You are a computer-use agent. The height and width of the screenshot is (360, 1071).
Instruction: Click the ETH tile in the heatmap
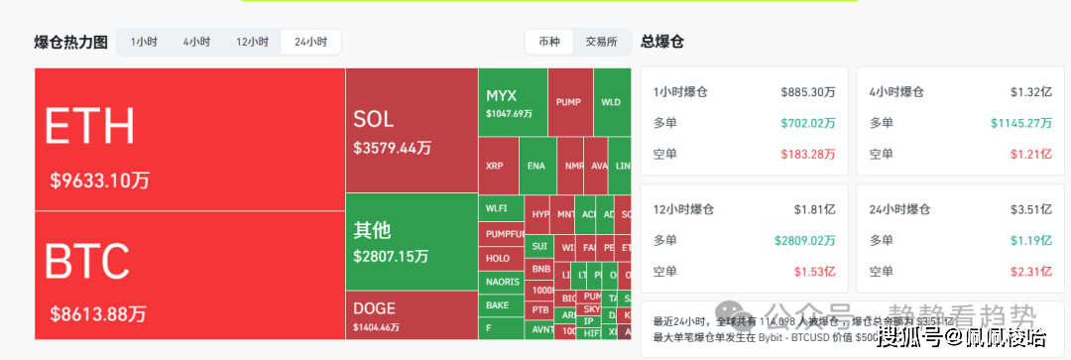pyautogui.click(x=188, y=139)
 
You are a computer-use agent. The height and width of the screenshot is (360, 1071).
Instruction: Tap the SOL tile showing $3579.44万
pyautogui.click(x=411, y=131)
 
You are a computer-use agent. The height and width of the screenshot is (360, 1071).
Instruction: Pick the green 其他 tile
pyautogui.click(x=411, y=241)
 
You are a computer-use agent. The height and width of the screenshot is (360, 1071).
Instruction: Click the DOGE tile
pyautogui.click(x=411, y=316)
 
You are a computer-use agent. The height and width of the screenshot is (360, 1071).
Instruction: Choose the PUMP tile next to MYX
pyautogui.click(x=568, y=101)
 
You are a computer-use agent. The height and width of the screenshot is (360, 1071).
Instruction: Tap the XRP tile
pyautogui.click(x=495, y=166)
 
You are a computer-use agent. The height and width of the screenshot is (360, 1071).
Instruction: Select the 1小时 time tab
pyautogui.click(x=144, y=42)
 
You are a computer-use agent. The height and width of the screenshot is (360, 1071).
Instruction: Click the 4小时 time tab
pyautogui.click(x=196, y=42)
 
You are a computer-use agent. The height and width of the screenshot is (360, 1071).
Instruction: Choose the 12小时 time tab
pyautogui.click(x=252, y=42)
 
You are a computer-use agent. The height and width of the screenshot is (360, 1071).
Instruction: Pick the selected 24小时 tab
pyautogui.click(x=310, y=42)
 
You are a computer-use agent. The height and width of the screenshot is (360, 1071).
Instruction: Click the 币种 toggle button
pyautogui.click(x=548, y=42)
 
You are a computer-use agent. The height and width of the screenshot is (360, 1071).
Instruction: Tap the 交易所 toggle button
pyautogui.click(x=601, y=42)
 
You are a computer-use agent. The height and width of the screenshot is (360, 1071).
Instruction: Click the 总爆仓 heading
pyautogui.click(x=662, y=42)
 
